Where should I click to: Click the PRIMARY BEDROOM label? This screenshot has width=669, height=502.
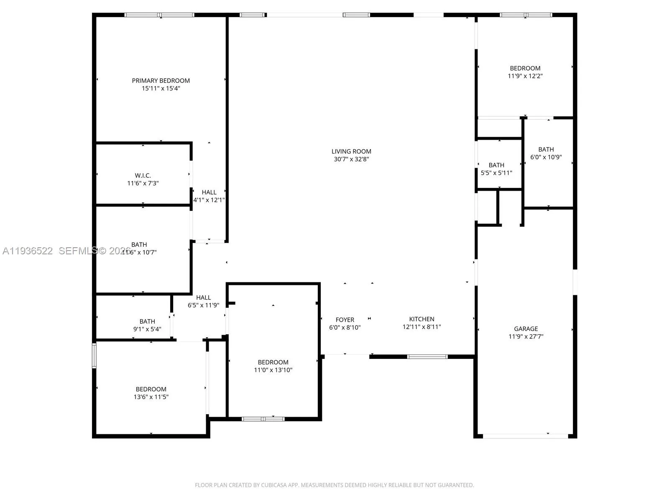pos(161,81)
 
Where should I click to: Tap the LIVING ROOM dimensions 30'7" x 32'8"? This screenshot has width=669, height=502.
pos(351,159)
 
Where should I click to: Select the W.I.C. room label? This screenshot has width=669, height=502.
pos(143,176)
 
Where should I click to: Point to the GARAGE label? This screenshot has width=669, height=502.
pos(526,329)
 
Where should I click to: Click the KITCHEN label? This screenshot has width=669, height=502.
pos(421,319)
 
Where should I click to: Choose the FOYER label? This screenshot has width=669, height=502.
pos(345,320)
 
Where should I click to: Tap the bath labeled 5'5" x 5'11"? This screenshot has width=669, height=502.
pos(496,169)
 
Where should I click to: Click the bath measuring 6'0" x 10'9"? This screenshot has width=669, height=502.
pos(546,153)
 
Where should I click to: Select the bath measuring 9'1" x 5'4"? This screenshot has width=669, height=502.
pos(147,325)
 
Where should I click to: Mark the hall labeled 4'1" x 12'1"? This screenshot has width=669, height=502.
pos(209,196)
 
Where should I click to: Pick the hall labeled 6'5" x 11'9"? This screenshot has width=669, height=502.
pos(203,301)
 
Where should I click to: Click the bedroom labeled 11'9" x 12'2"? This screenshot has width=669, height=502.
pos(525,72)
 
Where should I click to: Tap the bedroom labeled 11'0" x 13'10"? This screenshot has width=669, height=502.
pos(273,366)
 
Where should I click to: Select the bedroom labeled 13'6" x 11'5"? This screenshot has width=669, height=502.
pos(151,393)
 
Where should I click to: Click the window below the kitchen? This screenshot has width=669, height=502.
pos(427,357)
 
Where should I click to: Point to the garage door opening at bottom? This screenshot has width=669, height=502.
pos(525,436)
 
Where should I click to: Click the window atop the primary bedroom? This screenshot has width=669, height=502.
pos(159,15)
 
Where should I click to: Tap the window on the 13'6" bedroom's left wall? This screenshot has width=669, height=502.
pos(94,355)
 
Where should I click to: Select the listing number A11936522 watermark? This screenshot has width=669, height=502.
pos(28,251)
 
